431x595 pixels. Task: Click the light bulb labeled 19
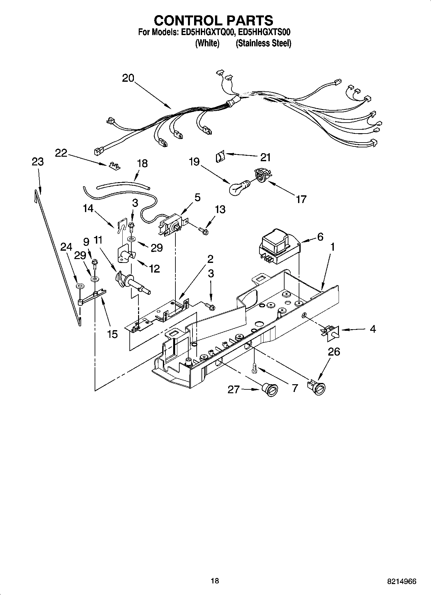coord(238,188)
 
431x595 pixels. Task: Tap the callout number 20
coord(128,78)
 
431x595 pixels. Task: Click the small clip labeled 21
coord(220,158)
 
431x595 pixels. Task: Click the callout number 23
coord(38,162)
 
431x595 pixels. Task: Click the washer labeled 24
coord(79,286)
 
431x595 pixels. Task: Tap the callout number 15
coord(112,334)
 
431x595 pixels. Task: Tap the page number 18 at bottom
coord(215,581)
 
